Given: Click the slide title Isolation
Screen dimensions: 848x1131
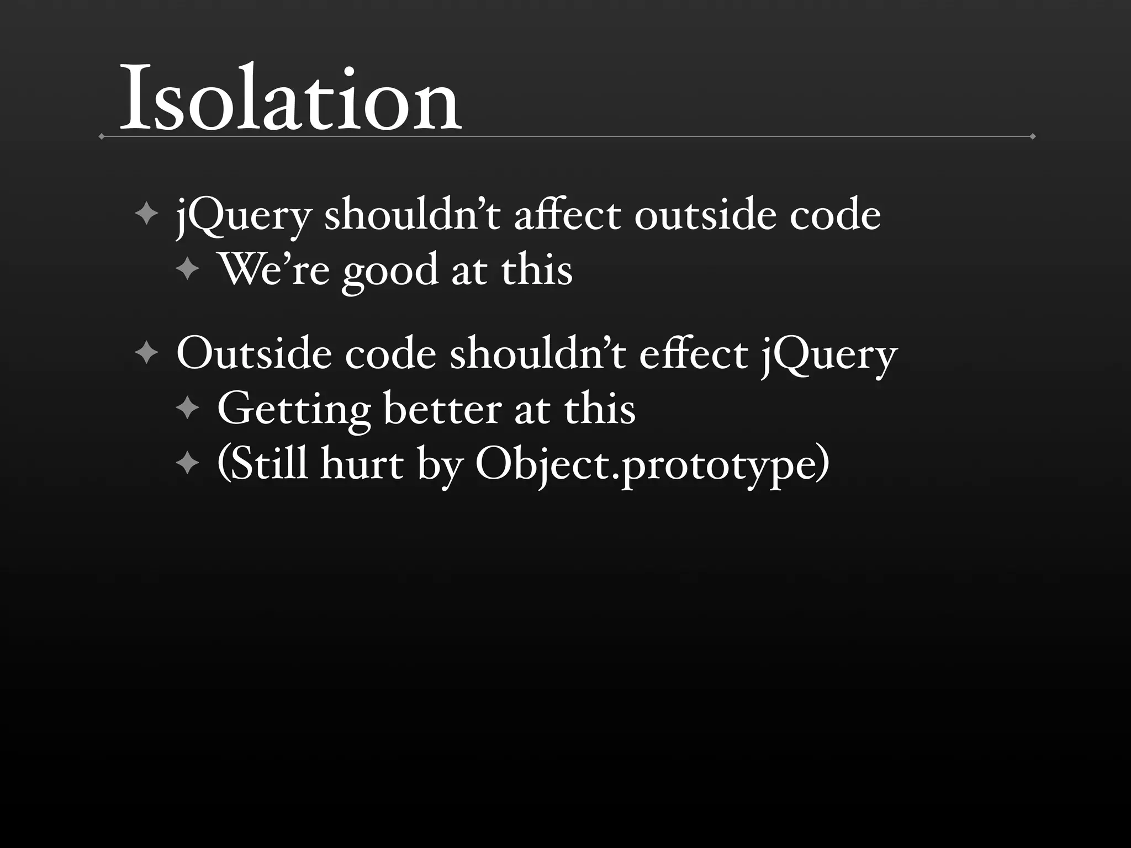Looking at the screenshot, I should point(289,99).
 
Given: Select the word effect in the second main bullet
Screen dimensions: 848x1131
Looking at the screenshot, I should point(693,354).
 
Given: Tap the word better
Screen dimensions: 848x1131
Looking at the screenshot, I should point(442,409).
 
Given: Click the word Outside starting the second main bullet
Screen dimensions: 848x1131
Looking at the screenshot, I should point(254,354).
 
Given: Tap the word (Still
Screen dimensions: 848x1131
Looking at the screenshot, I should point(262,464).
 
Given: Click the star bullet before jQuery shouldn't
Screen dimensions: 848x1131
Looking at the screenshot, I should point(146,214).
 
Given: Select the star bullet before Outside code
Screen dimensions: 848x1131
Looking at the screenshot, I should point(146,353).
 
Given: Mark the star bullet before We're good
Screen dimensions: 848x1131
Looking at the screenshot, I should point(188,270).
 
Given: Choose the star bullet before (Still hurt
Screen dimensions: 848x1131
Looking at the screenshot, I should point(188,464).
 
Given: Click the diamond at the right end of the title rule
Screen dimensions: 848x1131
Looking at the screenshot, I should point(1032,136).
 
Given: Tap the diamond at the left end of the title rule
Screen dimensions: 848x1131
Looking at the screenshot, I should point(101,136).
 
